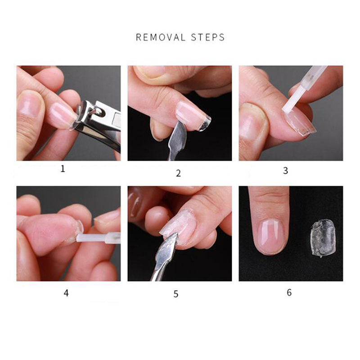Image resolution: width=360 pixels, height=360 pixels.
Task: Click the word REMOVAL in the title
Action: click(161, 37)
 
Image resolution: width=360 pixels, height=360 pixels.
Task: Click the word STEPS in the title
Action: click(208, 37)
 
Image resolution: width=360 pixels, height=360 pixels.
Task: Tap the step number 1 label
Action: click(63, 169)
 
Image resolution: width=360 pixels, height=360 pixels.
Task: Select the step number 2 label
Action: click(178, 173)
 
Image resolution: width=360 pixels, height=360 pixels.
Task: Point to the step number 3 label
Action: click(285, 171)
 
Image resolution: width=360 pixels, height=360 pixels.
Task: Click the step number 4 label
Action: click(66, 293)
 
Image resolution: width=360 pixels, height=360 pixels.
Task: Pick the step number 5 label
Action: click(176, 294)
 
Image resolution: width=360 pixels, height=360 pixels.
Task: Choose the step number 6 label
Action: click(289, 292)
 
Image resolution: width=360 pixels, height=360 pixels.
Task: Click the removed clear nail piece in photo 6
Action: click(323, 238)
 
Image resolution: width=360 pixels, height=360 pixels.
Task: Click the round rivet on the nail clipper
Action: click(99, 111)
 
